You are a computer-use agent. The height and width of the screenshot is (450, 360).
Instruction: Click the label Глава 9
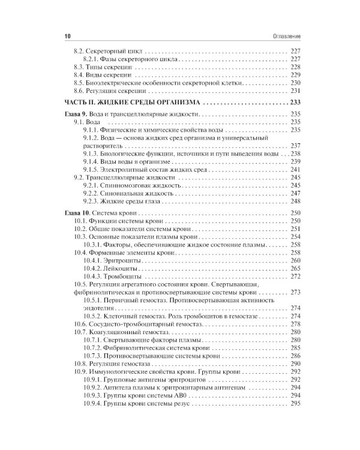tap(77, 114)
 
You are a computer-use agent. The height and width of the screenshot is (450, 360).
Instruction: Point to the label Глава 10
tap(79, 214)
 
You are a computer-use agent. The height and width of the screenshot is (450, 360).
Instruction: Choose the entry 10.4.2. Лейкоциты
tap(109, 269)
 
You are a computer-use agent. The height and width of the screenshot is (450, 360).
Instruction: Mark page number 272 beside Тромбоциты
tap(294, 278)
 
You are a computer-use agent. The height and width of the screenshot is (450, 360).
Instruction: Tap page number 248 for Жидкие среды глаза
tap(294, 202)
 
